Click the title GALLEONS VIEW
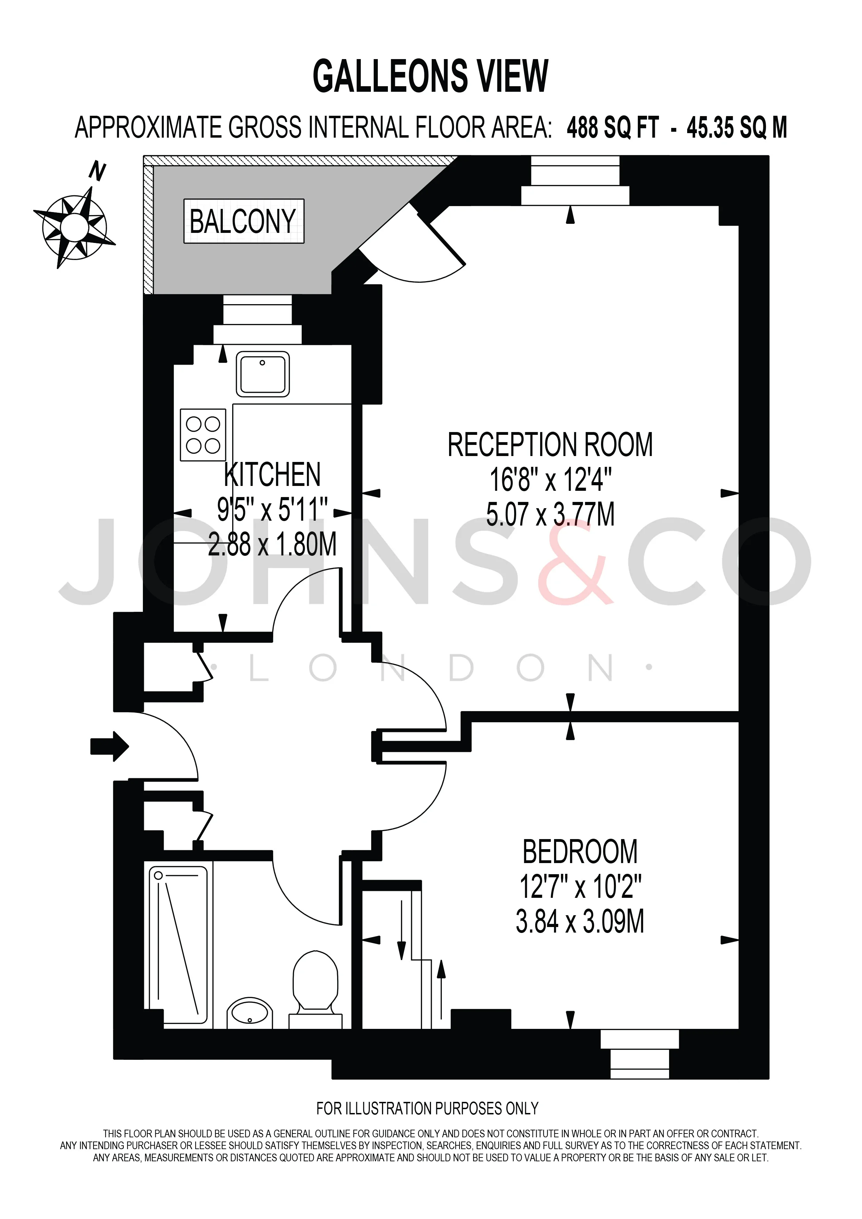[430, 76]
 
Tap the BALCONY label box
[244, 221]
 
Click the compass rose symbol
[75, 227]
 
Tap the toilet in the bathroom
[315, 992]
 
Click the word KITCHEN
[272, 475]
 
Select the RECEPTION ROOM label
[551, 445]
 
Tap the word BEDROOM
[580, 852]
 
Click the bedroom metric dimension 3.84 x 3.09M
[580, 922]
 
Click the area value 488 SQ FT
[613, 128]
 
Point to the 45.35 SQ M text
[737, 128]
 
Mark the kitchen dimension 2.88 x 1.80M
[272, 544]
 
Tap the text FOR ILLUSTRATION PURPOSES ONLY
[427, 1108]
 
